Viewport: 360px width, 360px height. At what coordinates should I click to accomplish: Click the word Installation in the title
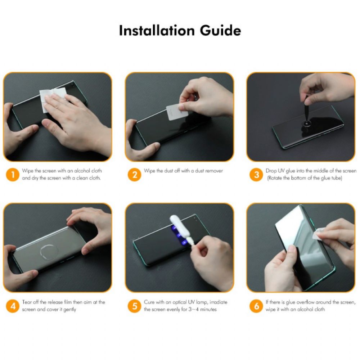tap(152, 31)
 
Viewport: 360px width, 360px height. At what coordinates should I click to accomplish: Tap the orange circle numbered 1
tap(13, 175)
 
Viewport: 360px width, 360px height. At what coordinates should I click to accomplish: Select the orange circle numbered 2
tap(135, 175)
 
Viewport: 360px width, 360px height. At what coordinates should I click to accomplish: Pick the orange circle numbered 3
tap(256, 175)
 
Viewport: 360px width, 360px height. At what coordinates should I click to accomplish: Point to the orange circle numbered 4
tap(13, 306)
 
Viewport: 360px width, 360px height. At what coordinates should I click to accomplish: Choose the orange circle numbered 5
tap(135, 306)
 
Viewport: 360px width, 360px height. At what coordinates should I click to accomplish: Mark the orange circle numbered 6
tap(256, 306)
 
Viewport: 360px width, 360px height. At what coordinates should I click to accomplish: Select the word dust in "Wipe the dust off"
tap(167, 171)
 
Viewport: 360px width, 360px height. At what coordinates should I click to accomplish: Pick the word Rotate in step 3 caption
tap(276, 178)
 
